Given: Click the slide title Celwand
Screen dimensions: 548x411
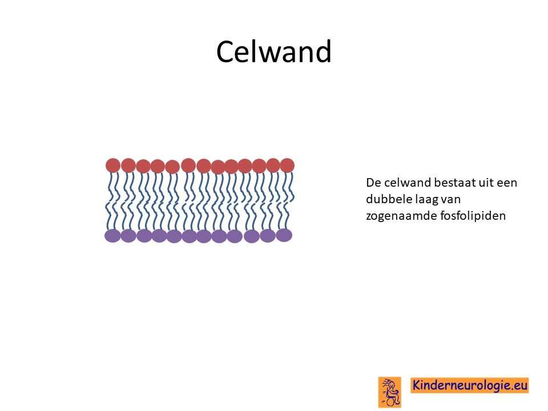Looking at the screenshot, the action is click(273, 51).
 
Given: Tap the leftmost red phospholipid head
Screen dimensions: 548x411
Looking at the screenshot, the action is click(113, 166).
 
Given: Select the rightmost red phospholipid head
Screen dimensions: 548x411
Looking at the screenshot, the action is click(287, 166).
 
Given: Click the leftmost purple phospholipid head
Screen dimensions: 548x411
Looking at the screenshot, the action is click(112, 236).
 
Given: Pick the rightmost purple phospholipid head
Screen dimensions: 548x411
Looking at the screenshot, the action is click(284, 235).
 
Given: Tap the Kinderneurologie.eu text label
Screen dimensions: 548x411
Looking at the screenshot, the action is click(470, 385).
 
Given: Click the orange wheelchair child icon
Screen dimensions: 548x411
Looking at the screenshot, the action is click(390, 392).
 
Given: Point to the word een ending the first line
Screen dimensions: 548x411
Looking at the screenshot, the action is click(506, 183).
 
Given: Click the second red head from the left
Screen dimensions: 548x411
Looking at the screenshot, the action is click(128, 166).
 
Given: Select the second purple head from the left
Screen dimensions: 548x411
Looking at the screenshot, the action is click(128, 236).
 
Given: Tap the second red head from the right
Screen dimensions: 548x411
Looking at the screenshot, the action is click(273, 166).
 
